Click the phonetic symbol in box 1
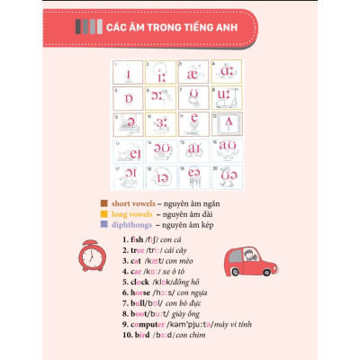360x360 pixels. point(130,74)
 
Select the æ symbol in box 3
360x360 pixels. point(193,74)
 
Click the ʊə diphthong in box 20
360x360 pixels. point(225,173)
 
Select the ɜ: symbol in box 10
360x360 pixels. point(162,122)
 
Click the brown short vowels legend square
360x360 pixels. point(104,203)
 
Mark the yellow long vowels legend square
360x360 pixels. point(104,215)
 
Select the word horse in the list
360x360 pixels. point(140,292)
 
